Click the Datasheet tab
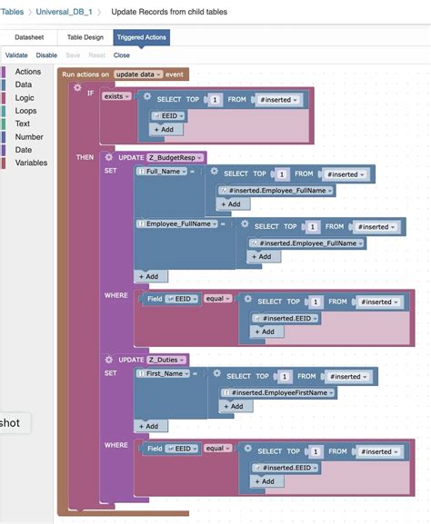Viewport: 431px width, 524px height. coord(30,38)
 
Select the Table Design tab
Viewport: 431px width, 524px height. coord(85,38)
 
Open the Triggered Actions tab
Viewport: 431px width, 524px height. coord(141,38)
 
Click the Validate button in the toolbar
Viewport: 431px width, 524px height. coord(16,55)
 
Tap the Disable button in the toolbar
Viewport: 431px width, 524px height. coord(46,55)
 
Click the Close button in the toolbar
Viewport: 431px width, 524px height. coord(121,55)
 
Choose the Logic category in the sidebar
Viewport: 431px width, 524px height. coord(25,97)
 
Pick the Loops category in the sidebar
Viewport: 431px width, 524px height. coord(26,111)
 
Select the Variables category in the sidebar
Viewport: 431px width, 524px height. coord(31,163)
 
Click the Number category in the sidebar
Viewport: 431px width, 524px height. coord(29,137)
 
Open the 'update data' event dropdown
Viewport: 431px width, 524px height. coord(139,74)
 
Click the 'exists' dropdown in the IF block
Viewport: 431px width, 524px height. coord(117,95)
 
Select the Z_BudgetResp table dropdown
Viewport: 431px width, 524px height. coord(176,157)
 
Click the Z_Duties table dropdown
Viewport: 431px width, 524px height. coord(168,360)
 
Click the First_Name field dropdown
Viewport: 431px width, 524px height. coord(164,373)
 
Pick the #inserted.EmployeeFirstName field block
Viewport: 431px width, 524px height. coord(280,392)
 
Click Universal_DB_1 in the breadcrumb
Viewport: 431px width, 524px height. coord(64,12)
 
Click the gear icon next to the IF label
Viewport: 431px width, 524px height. coord(78,88)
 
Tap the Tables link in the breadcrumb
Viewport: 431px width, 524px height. coord(12,12)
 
